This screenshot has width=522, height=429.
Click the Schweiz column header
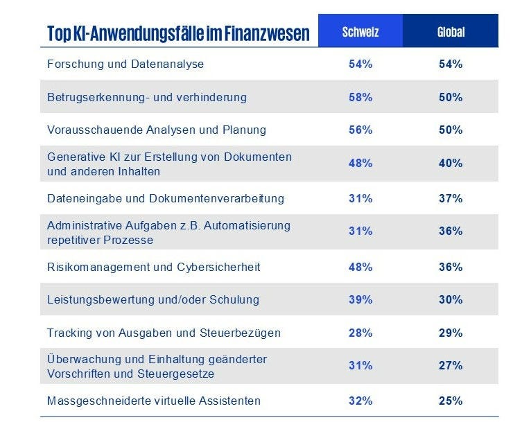click(x=360, y=32)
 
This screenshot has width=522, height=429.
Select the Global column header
click(x=451, y=32)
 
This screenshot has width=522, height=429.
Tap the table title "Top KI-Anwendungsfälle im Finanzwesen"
click(x=178, y=33)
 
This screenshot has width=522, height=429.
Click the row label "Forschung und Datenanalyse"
click(x=125, y=64)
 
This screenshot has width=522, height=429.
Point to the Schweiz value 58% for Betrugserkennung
click(x=360, y=97)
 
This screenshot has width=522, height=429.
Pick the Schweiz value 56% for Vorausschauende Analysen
click(x=360, y=130)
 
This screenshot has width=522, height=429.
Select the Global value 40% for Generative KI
click(x=451, y=164)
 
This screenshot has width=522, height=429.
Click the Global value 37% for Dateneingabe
click(x=451, y=198)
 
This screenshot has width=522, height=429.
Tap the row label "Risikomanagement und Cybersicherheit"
click(x=154, y=267)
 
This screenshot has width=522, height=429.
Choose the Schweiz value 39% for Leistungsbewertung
click(x=360, y=299)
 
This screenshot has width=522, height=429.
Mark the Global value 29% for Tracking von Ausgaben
click(x=451, y=333)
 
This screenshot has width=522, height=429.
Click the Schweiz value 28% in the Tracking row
click(x=360, y=333)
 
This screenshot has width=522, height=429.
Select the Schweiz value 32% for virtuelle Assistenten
click(x=360, y=401)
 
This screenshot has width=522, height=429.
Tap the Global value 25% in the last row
click(x=451, y=401)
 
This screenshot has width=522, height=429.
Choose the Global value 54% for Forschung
click(x=451, y=64)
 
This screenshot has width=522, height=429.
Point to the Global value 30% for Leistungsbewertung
click(x=451, y=299)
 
